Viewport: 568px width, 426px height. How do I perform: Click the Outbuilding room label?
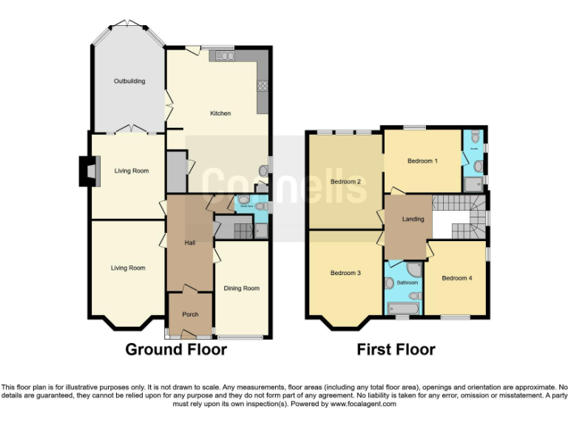pos(129,81)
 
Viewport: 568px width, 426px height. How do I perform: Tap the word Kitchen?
pos(220,113)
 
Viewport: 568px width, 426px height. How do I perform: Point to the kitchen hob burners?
pos(262,85)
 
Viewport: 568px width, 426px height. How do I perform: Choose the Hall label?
pos(189,242)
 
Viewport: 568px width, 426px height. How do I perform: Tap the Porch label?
pos(189,314)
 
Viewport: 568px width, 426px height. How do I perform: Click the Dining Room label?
pos(241,288)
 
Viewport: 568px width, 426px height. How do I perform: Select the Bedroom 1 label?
pos(422,160)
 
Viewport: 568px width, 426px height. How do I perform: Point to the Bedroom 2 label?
pos(345,182)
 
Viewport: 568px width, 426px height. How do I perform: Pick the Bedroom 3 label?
pos(345,273)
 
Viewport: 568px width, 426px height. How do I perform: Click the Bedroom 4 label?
pos(455,278)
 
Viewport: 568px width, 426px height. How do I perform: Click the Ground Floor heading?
pos(175,349)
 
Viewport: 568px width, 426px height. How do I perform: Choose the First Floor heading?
pos(396,349)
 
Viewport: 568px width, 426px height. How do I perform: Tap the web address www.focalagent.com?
pos(363,404)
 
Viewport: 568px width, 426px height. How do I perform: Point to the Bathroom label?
pos(408,283)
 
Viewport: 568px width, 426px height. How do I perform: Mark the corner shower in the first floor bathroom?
pos(413,268)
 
